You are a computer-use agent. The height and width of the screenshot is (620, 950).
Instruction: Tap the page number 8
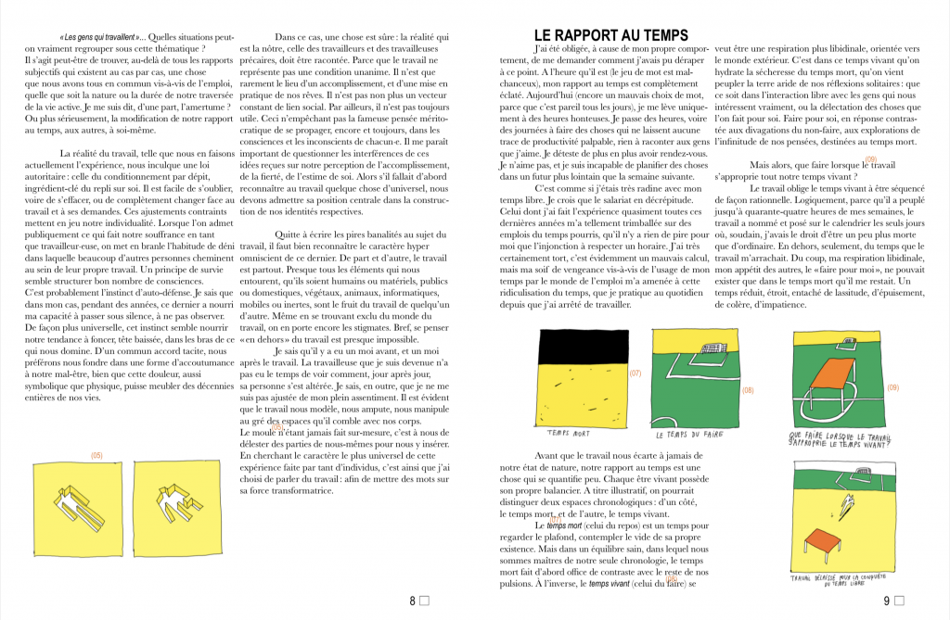click(x=412, y=601)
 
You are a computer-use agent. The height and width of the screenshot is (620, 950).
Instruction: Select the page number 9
click(x=885, y=601)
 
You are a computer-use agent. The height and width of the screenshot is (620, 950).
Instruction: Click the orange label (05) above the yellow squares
click(x=96, y=454)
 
